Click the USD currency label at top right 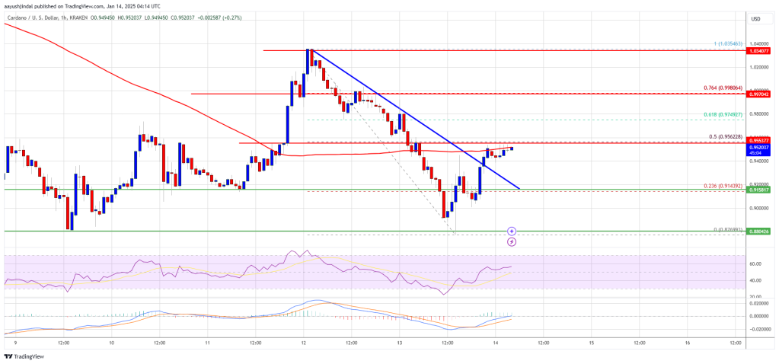(x=755, y=18)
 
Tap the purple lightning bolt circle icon (x=512, y=241)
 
